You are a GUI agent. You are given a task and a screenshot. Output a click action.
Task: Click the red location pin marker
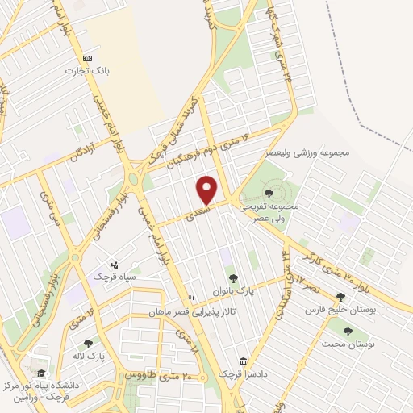[207, 190]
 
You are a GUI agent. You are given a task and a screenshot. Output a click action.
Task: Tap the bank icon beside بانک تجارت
[88, 58]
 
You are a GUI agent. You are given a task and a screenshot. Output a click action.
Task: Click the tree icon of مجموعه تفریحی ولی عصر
[269, 193]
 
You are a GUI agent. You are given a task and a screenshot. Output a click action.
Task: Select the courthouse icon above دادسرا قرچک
[243, 361]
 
